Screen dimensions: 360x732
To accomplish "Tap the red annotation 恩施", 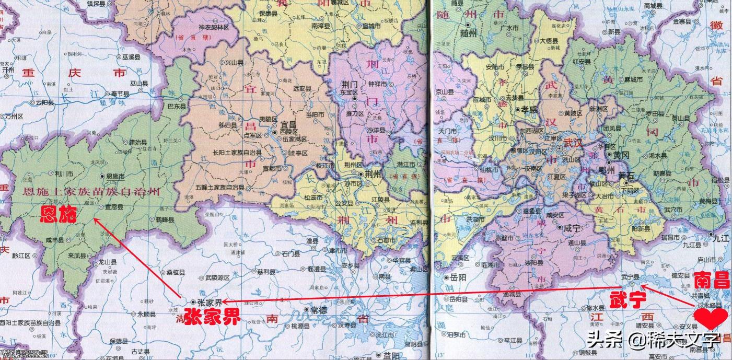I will (x=60, y=214).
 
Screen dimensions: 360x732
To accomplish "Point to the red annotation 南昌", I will (x=712, y=281).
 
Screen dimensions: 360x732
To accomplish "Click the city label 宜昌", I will (x=288, y=125).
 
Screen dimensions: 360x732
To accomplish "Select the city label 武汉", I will (x=573, y=142).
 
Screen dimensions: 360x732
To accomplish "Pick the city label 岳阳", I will (x=458, y=278).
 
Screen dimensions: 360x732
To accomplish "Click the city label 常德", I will (x=318, y=309).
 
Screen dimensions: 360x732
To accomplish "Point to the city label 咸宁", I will (x=573, y=228).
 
